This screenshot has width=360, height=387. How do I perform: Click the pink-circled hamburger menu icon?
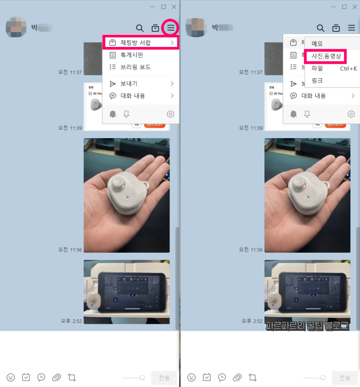[x=171, y=28]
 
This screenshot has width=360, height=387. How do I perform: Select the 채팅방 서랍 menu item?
[x=135, y=43]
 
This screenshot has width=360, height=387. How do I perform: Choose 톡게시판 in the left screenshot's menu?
[x=132, y=55]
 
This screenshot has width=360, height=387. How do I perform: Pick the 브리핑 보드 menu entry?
[x=135, y=67]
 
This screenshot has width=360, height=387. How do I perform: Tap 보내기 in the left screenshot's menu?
[x=129, y=83]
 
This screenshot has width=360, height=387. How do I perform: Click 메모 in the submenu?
[x=317, y=44]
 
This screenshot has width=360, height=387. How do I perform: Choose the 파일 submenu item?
[x=317, y=69]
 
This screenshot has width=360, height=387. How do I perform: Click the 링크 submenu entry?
[x=317, y=81]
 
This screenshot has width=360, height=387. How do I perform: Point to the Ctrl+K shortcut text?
[x=348, y=69]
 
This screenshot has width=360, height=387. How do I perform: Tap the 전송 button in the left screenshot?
[x=164, y=377]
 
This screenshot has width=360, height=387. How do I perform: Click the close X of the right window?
[x=355, y=7]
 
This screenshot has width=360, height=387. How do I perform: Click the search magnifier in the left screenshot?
[x=140, y=28]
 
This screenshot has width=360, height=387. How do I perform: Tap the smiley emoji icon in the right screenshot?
[x=191, y=377]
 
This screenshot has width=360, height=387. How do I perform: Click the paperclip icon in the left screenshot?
[x=57, y=377]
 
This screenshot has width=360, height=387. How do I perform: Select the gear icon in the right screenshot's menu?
[x=351, y=114]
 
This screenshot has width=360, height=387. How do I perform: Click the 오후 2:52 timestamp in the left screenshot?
[x=71, y=320]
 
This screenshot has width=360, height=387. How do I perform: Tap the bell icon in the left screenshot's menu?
[x=113, y=114]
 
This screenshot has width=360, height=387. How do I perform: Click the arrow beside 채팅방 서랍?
[x=172, y=43]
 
